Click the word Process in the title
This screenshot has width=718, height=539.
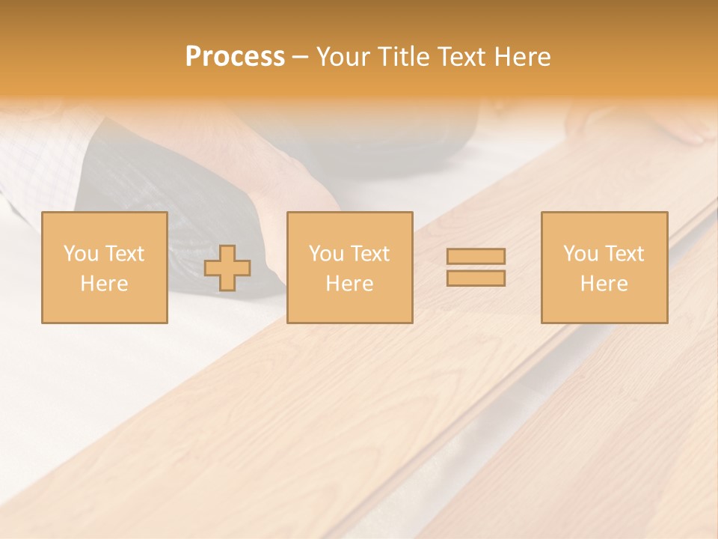tap(235, 57)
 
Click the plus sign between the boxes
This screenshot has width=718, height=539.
tap(227, 268)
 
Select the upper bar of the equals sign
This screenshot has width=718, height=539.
tap(476, 257)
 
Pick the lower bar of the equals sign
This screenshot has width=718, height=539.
tap(476, 278)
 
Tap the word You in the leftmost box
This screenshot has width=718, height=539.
tap(81, 254)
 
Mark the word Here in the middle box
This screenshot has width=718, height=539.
tap(349, 284)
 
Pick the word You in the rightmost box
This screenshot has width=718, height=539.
tap(580, 254)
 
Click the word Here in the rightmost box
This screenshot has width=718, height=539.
tap(604, 284)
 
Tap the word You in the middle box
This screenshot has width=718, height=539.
tap(326, 254)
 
